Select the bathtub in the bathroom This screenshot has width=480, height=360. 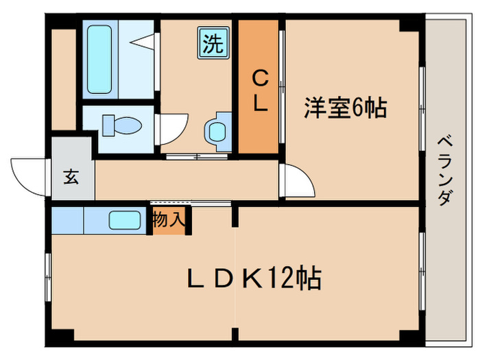click(101, 59)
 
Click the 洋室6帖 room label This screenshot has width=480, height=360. click(346, 108)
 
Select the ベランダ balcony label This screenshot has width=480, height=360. click(445, 171)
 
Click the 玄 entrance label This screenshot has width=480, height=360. click(71, 176)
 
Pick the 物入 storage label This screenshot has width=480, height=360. click(169, 221)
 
